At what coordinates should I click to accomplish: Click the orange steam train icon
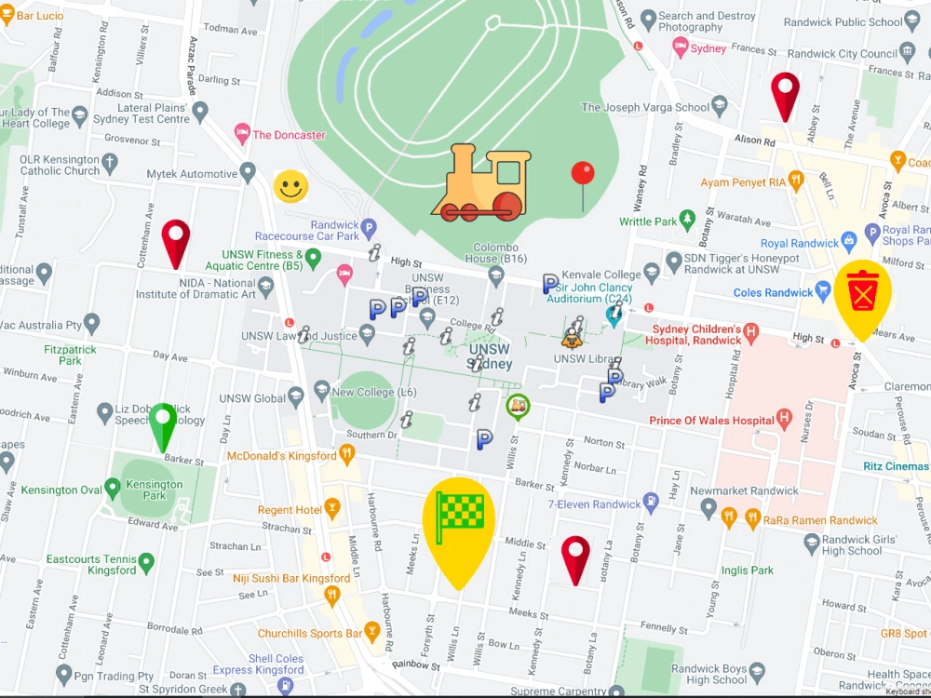pyautogui.click(x=479, y=183)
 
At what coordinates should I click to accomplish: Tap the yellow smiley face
pyautogui.click(x=290, y=187)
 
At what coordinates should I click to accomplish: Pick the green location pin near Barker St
pyautogui.click(x=163, y=424)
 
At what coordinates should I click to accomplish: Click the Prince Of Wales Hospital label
pyautogui.click(x=712, y=421)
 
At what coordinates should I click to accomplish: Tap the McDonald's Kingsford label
pyautogui.click(x=282, y=456)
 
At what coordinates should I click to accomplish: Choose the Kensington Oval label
pyautogui.click(x=61, y=490)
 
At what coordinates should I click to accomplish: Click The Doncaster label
pyautogui.click(x=289, y=135)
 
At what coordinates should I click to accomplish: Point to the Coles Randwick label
pyautogui.click(x=773, y=292)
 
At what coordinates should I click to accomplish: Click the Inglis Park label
pyautogui.click(x=748, y=570)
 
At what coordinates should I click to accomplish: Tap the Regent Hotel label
pyautogui.click(x=290, y=510)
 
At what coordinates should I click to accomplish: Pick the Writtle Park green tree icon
pyautogui.click(x=687, y=220)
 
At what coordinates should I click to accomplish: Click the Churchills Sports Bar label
pyautogui.click(x=309, y=634)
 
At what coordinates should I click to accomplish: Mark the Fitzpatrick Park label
pyautogui.click(x=70, y=355)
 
